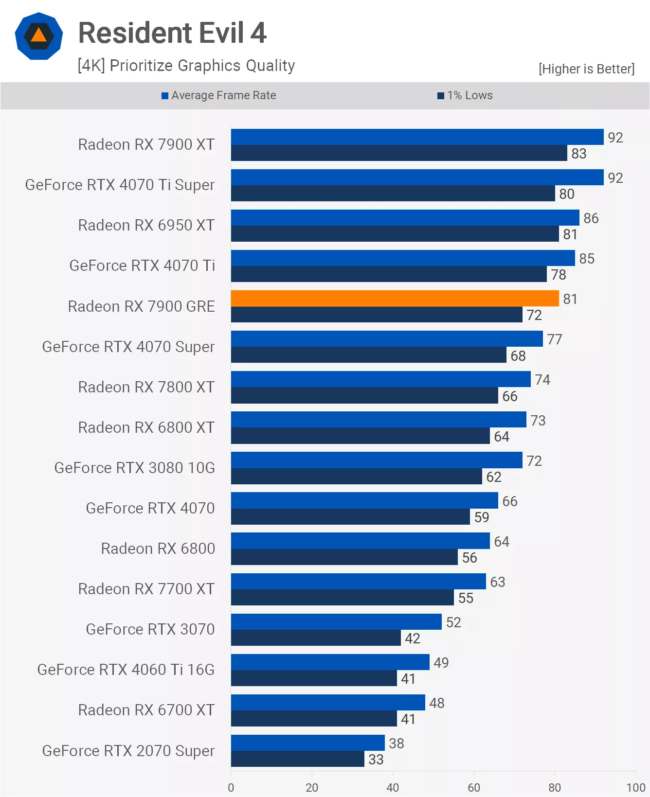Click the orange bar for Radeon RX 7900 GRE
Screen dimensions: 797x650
395,299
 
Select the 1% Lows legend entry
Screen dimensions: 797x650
465,95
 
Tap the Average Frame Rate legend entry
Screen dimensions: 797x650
219,95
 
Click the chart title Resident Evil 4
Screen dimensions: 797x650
172,33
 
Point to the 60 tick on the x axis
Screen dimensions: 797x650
474,787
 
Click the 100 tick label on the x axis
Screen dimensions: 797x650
635,787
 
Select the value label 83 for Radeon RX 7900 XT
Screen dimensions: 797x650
578,154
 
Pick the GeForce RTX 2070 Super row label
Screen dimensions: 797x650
128,750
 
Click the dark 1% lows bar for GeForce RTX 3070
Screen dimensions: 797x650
316,638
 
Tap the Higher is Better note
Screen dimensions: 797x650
586,69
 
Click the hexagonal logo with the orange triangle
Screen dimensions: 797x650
39,36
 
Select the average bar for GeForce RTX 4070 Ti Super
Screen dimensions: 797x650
417,177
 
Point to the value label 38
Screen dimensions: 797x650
396,743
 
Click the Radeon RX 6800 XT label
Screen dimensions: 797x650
146,427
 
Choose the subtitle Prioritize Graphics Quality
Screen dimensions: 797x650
186,65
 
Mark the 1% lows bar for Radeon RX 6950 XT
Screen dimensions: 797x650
395,234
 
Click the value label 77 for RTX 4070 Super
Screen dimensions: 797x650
554,339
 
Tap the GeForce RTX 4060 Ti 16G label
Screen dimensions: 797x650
126,669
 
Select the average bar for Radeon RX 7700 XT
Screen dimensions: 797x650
358,582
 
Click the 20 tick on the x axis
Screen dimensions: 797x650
312,787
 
